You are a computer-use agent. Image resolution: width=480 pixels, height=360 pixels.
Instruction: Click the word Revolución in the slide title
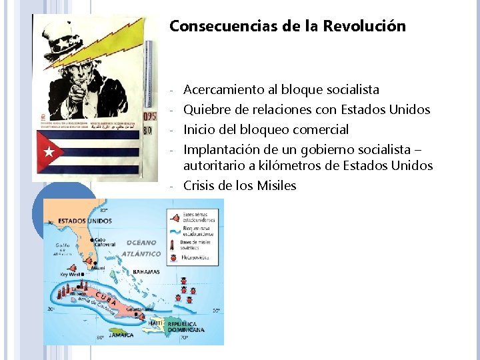click(364, 27)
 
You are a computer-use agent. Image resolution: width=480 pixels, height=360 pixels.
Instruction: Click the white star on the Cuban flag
click(49, 152)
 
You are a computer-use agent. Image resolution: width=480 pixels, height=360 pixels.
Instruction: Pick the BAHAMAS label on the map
click(146, 272)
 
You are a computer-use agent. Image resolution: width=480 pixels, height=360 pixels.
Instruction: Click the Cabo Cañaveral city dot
click(94, 235)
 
